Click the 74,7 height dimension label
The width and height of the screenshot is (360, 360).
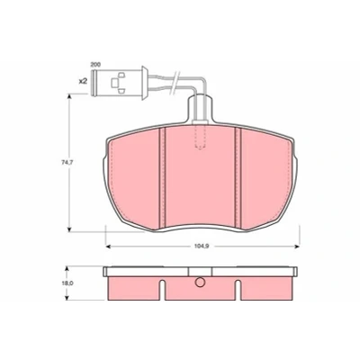[x=65, y=163]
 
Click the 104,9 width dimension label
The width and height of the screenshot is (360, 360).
[x=202, y=247]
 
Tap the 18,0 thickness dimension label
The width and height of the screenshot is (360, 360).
[x=66, y=283]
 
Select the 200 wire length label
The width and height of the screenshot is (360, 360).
[x=95, y=65]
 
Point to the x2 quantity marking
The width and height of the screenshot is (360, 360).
[x=83, y=81]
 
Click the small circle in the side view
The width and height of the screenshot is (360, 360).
[x=200, y=282]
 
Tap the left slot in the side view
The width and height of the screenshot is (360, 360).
[x=162, y=290]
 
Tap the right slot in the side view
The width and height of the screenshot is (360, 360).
[x=238, y=290]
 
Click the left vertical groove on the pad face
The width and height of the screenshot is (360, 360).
[x=162, y=178]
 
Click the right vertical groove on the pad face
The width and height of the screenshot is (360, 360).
[x=238, y=178]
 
